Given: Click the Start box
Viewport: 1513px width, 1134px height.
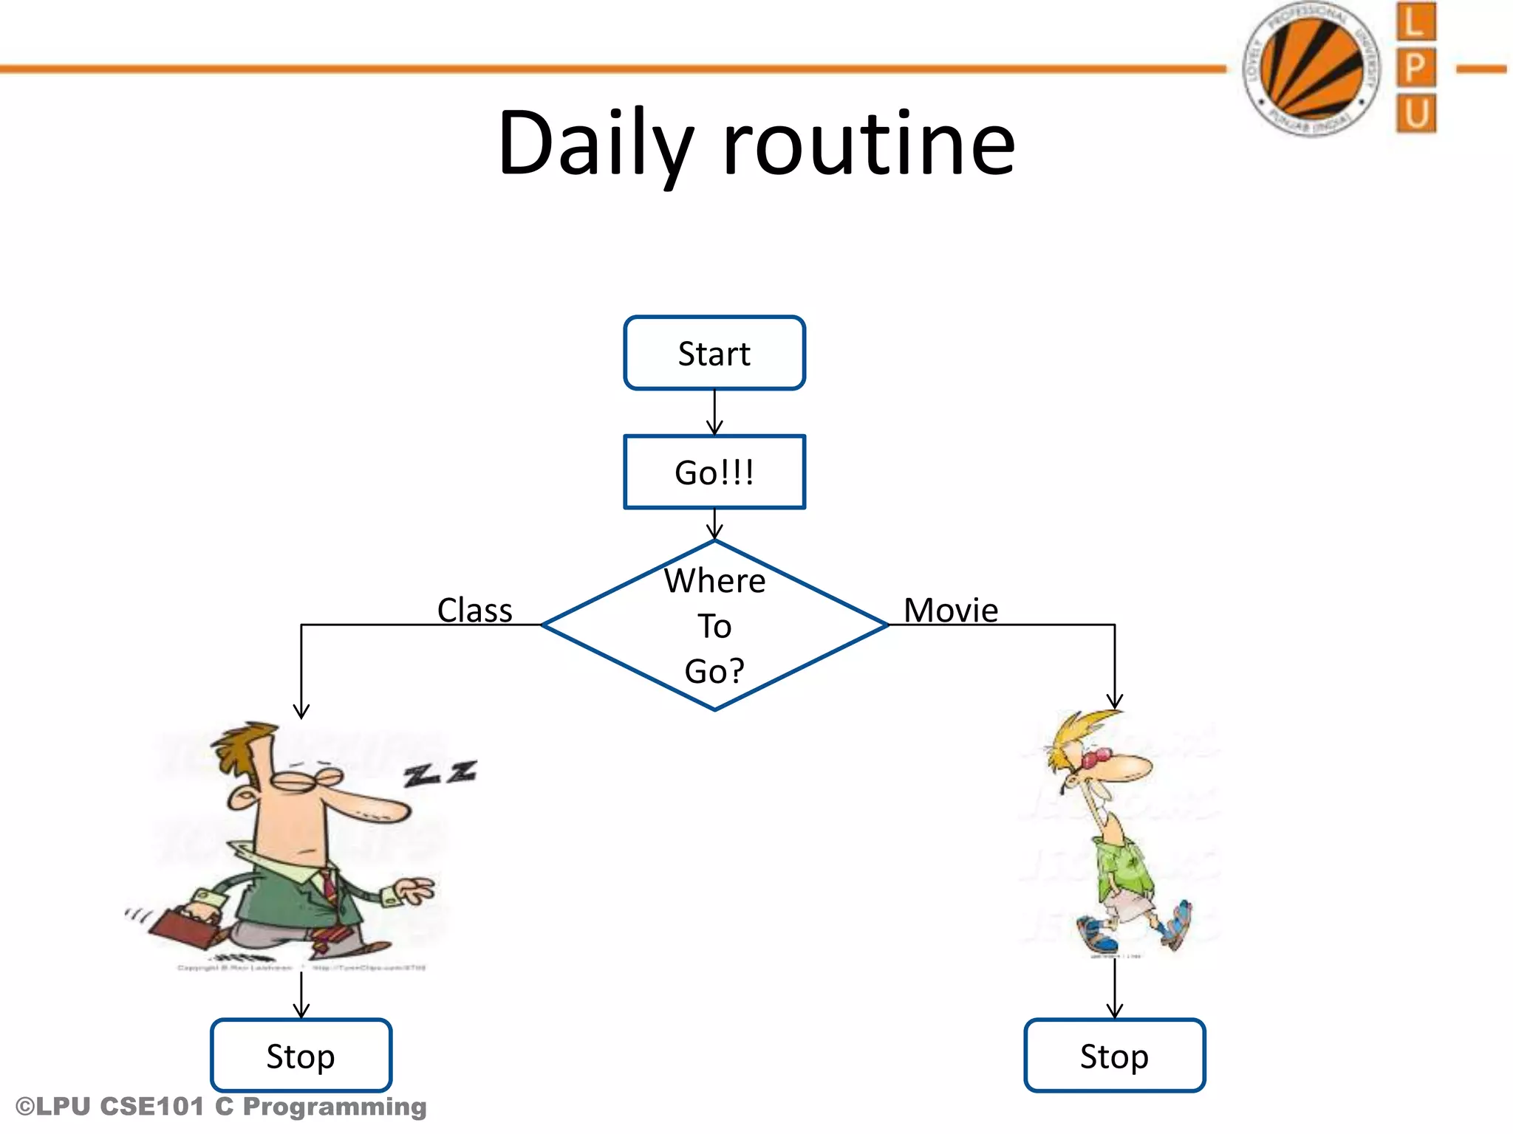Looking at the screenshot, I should pos(714,353).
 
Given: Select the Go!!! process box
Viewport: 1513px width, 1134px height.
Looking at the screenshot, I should pos(714,472).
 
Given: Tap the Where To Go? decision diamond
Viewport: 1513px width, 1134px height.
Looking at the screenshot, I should pos(714,625).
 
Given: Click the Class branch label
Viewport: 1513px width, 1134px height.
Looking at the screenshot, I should pos(474,611).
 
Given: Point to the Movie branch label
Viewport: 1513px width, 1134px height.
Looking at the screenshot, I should pos(951,611).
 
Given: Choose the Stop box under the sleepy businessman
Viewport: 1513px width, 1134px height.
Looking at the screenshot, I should pos(301,1056).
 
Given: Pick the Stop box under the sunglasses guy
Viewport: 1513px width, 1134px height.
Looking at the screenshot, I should pos(1114,1056).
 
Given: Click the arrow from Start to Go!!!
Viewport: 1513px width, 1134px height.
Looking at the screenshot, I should pos(714,412).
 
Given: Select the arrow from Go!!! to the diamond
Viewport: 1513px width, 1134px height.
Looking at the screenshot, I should pos(714,524).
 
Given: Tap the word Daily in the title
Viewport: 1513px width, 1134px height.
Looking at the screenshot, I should pos(595,143).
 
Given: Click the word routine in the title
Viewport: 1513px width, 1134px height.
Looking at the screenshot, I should pos(869,143).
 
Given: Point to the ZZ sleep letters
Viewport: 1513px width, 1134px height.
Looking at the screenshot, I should pos(440,773).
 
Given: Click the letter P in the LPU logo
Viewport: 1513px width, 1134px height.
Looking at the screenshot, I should pos(1415,68).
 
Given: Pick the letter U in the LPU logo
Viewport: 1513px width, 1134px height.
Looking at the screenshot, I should pos(1415,114).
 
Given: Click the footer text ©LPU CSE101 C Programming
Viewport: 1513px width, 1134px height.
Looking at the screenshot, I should pos(221,1107).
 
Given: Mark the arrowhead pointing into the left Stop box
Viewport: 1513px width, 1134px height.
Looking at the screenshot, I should pos(301,1011).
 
